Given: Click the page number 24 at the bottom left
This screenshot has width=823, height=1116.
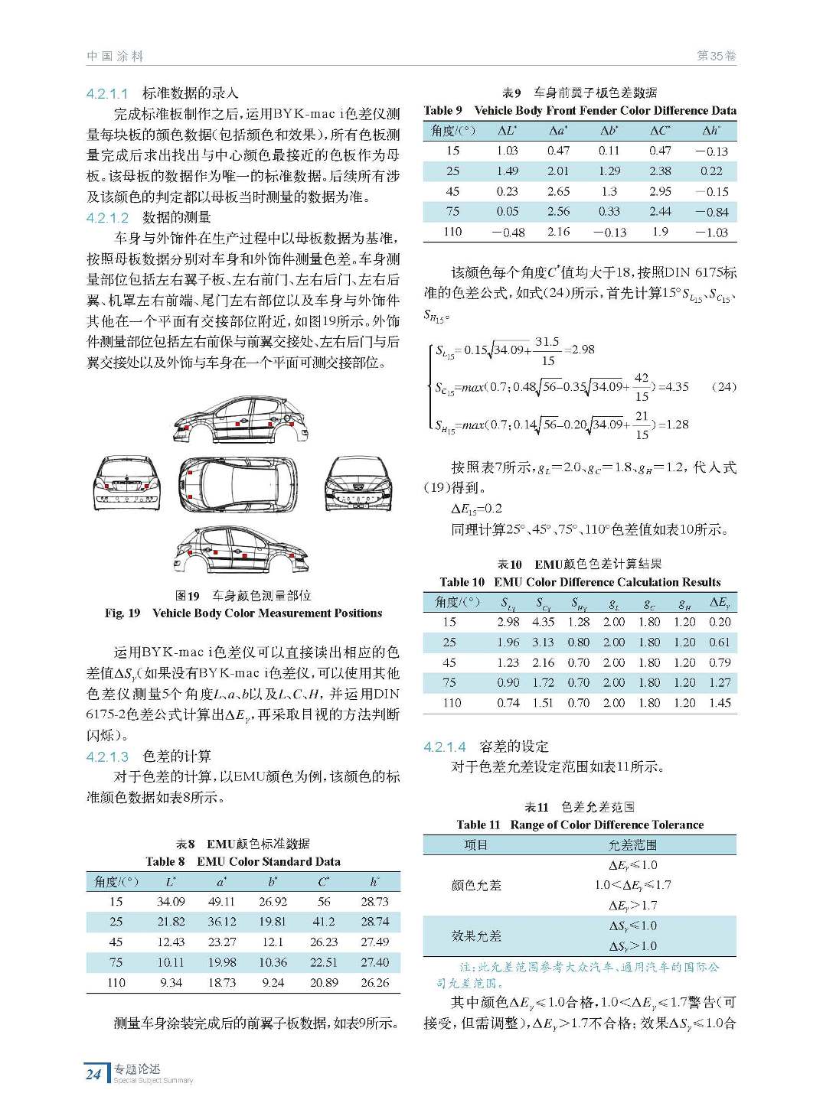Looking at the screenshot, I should click(x=93, y=1073).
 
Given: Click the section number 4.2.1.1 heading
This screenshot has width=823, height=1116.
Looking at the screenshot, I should click(x=107, y=93).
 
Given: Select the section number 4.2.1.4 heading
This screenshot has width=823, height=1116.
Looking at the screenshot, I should click(x=444, y=747).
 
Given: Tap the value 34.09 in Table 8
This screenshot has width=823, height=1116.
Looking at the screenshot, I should click(x=171, y=902).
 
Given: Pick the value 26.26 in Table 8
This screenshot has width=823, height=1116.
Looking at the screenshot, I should click(x=374, y=982).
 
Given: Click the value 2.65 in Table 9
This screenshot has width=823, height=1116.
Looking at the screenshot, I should click(x=558, y=191).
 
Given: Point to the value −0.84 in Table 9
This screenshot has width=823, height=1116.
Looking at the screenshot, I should click(x=711, y=212).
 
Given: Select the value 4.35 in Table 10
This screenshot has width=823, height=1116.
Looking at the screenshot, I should click(x=543, y=622).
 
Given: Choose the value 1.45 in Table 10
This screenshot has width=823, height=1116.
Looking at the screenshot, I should click(x=719, y=702).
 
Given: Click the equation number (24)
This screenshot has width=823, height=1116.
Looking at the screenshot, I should click(x=723, y=387).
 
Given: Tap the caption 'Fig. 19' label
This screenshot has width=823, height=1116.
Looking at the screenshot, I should click(x=122, y=613).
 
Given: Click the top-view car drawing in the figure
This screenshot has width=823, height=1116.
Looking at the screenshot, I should click(x=238, y=485).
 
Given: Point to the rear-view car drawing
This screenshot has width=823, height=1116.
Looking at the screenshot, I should click(x=127, y=483).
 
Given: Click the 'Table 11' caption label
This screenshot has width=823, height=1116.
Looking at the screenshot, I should click(x=478, y=825).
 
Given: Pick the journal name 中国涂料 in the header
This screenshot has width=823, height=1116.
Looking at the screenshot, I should click(x=115, y=56).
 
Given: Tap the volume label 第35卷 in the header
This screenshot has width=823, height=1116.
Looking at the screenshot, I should click(x=716, y=56).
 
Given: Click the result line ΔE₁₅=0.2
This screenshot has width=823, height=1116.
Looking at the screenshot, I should click(x=476, y=509).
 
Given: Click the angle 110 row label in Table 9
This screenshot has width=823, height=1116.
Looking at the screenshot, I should click(x=452, y=232).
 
